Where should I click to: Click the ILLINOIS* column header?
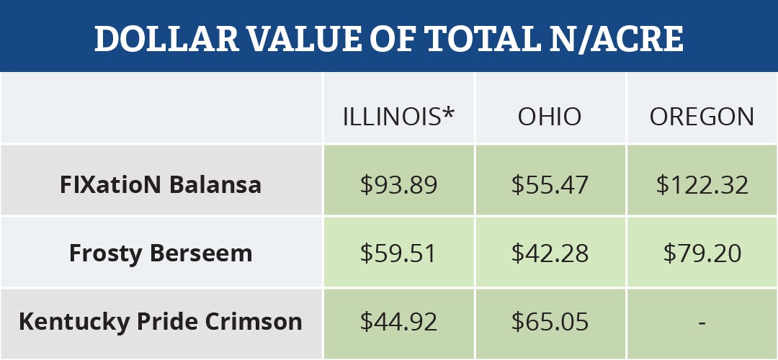[x=399, y=117]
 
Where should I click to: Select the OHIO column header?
[x=550, y=117]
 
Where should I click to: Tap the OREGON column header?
[x=702, y=117]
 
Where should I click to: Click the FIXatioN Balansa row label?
[x=160, y=184]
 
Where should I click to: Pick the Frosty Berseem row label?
[x=160, y=253]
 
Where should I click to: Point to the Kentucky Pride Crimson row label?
[x=160, y=321]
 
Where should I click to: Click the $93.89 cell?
[x=399, y=185]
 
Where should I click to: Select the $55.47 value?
[x=550, y=185]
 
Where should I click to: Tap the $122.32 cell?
[x=702, y=185]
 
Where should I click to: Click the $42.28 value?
[x=550, y=253]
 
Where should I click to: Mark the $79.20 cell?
[x=702, y=253]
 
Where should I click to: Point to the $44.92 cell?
[x=399, y=321]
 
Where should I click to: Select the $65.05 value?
[x=550, y=321]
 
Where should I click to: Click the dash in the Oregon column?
[x=702, y=323]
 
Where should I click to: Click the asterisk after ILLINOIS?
[x=450, y=112]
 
